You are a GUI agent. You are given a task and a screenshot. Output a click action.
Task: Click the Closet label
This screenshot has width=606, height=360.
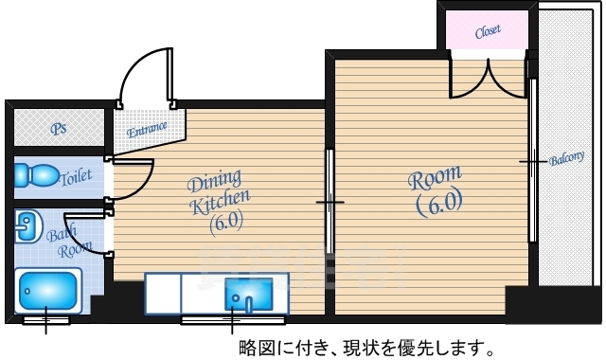pyautogui.click(x=488, y=31)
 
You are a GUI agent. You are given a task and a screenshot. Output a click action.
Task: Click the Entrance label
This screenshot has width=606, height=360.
pyautogui.click(x=147, y=127)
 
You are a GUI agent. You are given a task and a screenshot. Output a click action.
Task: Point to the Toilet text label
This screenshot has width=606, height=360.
pyautogui.click(x=76, y=177)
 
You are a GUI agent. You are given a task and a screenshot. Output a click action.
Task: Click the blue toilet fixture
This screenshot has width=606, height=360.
pyautogui.click(x=36, y=176)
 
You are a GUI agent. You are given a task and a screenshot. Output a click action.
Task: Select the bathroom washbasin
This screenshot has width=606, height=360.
pyautogui.click(x=27, y=226)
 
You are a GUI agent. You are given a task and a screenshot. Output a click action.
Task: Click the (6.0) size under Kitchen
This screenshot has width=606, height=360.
pyautogui.click(x=227, y=224)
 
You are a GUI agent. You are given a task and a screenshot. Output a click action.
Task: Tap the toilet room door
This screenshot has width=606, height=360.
pyautogui.click(x=133, y=175)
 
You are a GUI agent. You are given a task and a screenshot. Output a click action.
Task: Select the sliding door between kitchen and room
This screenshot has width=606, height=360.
pyautogui.click(x=330, y=201)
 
